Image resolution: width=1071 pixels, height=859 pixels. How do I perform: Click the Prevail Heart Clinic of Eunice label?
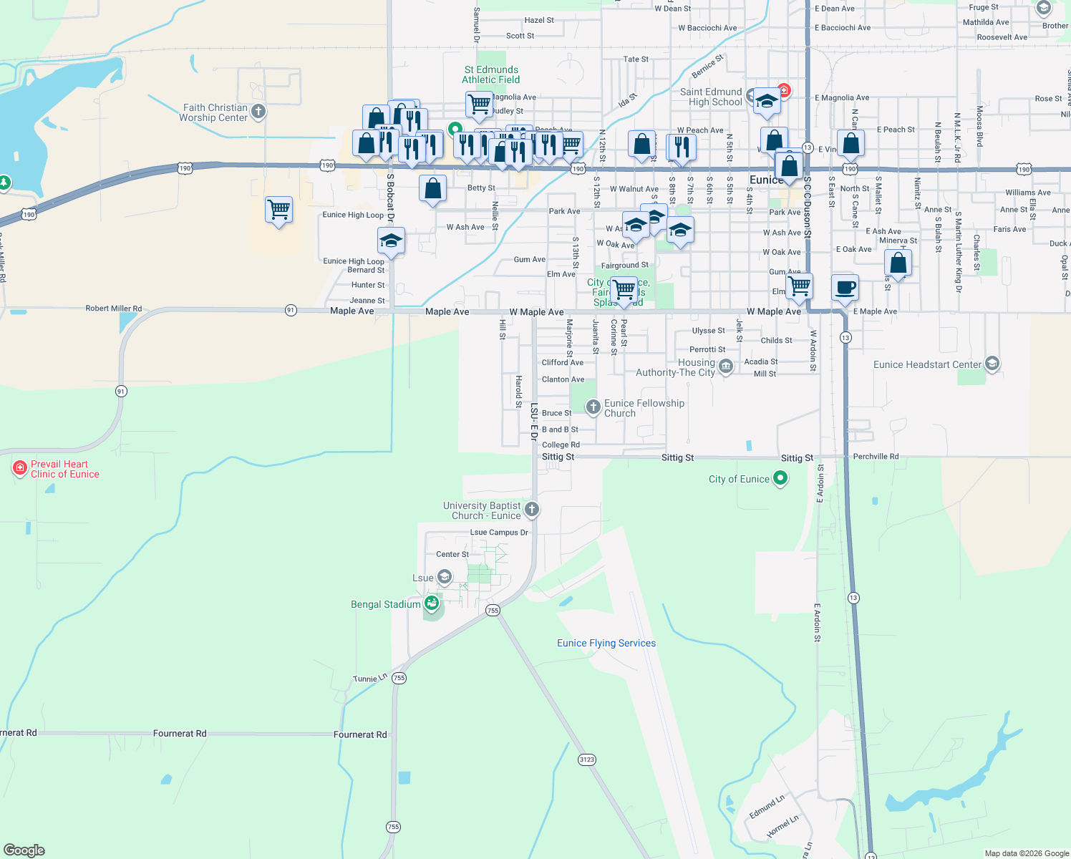click(64, 469)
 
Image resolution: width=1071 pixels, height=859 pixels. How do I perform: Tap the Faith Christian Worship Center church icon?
click(258, 112)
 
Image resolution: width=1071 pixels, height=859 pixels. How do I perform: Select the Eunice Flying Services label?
click(606, 643)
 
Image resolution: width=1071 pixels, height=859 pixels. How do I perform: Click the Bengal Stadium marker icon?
click(431, 604)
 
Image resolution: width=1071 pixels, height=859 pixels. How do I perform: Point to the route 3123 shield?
click(586, 759)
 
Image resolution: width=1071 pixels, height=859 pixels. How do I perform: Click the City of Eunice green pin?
click(780, 478)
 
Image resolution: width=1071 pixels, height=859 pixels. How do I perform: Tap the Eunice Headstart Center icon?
click(992, 364)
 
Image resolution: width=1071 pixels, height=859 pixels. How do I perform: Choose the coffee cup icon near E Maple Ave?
click(845, 287)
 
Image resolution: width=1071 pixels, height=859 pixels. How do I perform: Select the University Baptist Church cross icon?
click(531, 510)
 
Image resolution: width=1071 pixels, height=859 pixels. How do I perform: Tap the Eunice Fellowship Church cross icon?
click(593, 407)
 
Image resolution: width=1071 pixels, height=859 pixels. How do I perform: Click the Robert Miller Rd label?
click(114, 309)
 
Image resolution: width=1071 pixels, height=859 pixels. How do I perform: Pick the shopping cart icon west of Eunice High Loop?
click(278, 210)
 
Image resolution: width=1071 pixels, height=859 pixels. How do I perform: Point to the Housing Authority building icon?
click(726, 367)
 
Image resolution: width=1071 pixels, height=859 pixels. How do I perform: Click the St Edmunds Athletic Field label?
click(490, 74)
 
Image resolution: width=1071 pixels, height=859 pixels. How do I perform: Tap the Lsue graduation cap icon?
click(445, 577)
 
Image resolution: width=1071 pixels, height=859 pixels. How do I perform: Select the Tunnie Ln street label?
click(370, 679)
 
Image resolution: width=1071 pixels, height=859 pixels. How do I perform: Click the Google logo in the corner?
click(24, 850)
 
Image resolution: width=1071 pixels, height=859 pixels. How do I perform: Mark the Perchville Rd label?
click(876, 456)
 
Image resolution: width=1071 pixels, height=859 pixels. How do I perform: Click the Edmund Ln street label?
click(767, 807)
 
